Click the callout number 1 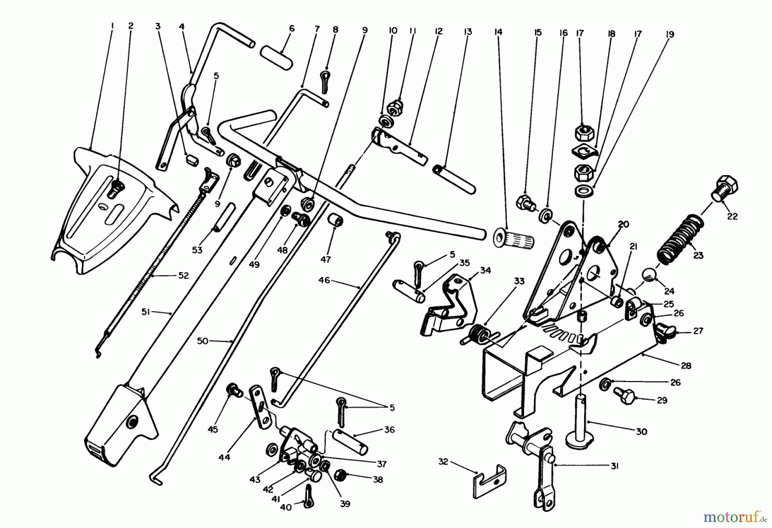112,26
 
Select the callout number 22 732,216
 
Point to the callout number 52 183,276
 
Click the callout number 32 443,462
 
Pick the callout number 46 324,280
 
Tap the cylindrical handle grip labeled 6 277,58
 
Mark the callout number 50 202,341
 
